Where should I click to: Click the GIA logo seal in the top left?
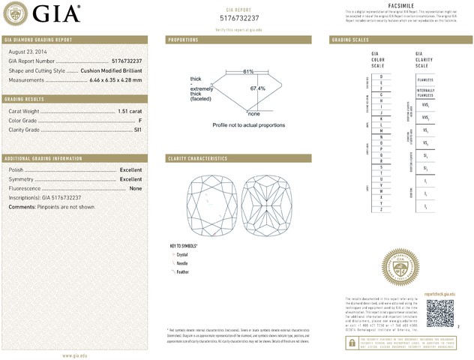pyautogui.click(x=17, y=13)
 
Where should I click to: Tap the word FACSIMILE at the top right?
pyautogui.click(x=403, y=5)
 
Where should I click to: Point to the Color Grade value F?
pyautogui.click(x=140, y=120)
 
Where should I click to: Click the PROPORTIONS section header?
pyautogui.click(x=183, y=39)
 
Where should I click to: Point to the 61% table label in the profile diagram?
pyautogui.click(x=248, y=71)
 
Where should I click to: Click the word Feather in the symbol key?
pyautogui.click(x=182, y=272)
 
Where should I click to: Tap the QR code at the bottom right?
pyautogui.click(x=440, y=313)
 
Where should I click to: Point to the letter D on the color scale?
pyautogui.click(x=381, y=77)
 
